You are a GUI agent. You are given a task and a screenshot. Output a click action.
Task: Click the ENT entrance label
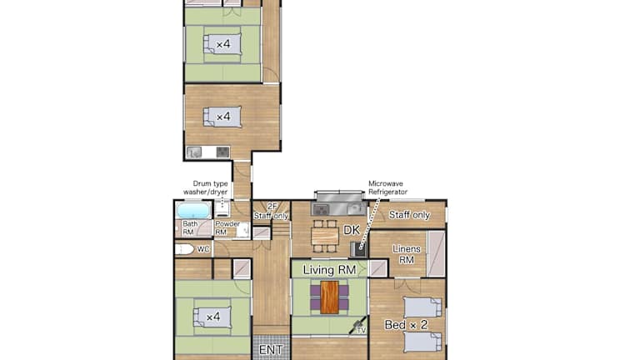tap(271, 350)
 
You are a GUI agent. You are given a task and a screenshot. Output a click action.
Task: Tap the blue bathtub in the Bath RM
tap(193, 211)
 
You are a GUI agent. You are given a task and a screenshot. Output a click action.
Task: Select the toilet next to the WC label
tap(184, 249)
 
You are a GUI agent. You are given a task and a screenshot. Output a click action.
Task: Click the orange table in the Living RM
tap(330, 297)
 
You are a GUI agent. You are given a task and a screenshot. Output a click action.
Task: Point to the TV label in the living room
tap(361, 330)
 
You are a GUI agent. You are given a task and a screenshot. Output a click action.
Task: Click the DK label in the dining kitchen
tap(352, 230)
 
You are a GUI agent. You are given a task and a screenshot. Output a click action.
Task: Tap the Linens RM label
tap(407, 254)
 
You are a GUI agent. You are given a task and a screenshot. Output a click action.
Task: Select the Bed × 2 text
tap(406, 325)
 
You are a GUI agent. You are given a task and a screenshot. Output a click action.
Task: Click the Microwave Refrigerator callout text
tap(387, 187)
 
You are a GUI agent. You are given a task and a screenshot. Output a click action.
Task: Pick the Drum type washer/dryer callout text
tap(206, 187)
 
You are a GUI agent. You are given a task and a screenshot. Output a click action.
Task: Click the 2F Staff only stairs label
tap(272, 211)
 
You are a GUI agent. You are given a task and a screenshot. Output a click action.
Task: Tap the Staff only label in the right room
tap(409, 215)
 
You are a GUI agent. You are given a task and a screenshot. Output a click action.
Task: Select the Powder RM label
tap(227, 227)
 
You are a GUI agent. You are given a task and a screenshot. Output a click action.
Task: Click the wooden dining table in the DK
tap(325, 236)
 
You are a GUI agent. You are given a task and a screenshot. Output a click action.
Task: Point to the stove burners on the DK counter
tap(321, 210)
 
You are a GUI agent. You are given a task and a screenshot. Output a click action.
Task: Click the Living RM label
tap(329, 270)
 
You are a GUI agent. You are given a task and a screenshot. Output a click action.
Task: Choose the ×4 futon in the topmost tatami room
tap(222, 43)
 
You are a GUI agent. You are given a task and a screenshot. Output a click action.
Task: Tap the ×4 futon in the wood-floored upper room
tap(222, 117)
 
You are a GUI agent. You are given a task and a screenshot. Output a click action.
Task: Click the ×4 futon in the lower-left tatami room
tap(212, 317)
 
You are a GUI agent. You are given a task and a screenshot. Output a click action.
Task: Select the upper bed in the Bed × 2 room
tap(422, 307)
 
